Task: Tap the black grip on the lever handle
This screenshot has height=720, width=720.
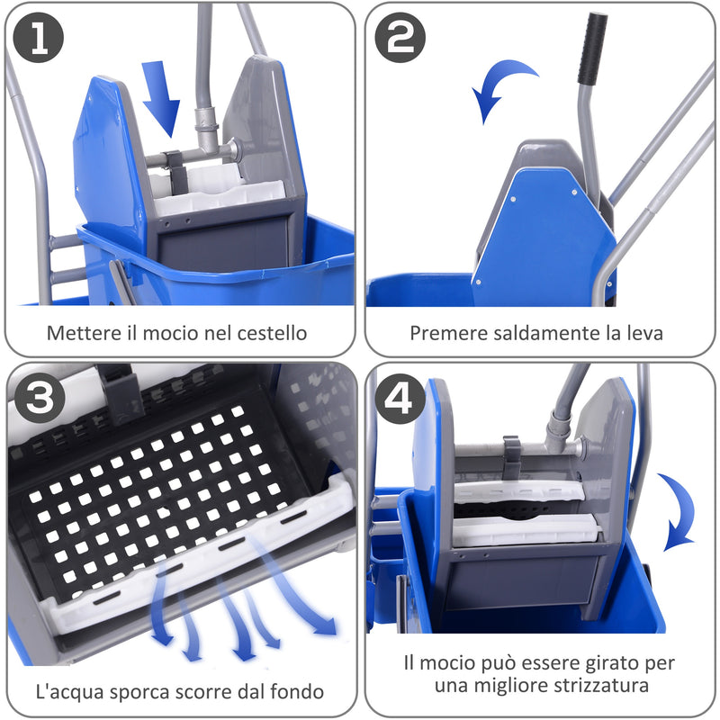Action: pyautogui.click(x=592, y=49)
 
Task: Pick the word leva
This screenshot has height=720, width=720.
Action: pyautogui.click(x=645, y=333)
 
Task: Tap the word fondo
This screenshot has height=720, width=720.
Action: pyautogui.click(x=297, y=692)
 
